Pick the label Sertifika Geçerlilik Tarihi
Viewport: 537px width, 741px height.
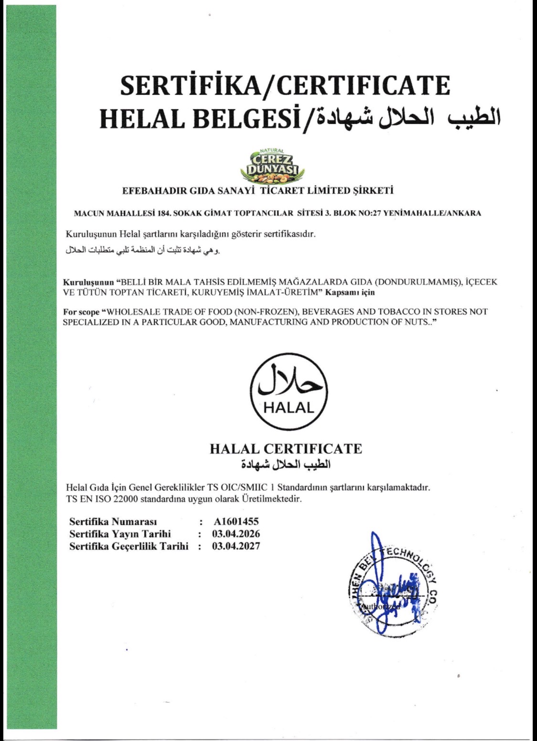(129, 546)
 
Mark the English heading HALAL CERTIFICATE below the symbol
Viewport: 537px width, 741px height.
(286, 448)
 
